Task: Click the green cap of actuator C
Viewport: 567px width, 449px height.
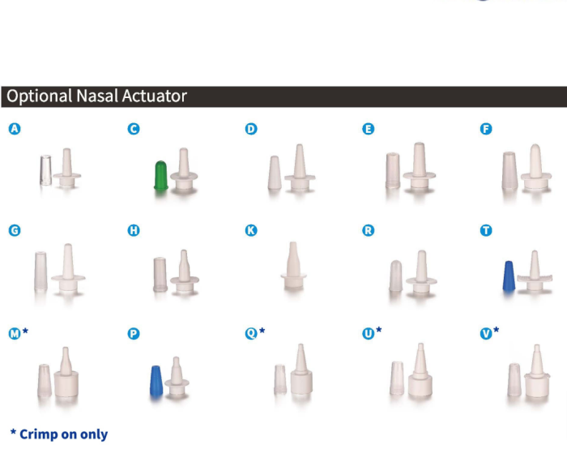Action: pos(161,175)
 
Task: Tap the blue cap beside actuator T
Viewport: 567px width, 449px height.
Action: pos(509,276)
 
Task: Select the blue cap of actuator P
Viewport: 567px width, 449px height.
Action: pos(156,382)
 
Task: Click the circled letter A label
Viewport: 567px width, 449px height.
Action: pos(15,128)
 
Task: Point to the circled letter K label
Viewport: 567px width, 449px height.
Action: pos(251,230)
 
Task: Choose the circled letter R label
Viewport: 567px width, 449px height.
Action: pos(368,230)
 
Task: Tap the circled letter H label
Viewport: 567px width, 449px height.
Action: pos(134,230)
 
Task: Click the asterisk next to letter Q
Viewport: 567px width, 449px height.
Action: pos(262,330)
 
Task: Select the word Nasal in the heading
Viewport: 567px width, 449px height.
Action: pos(97,96)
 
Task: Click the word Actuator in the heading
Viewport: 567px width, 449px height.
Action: pos(155,96)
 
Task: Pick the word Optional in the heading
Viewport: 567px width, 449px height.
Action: pos(40,96)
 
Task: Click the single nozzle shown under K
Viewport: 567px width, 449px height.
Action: pos(293,265)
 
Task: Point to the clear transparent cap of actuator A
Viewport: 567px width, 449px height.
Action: pos(45,170)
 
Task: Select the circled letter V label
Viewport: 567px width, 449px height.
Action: pos(486,333)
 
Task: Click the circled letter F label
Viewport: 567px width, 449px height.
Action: pos(486,128)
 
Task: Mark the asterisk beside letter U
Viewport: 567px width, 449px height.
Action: pos(378,329)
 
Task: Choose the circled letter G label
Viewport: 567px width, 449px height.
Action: pos(15,230)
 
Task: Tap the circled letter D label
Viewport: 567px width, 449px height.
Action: pos(251,128)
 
